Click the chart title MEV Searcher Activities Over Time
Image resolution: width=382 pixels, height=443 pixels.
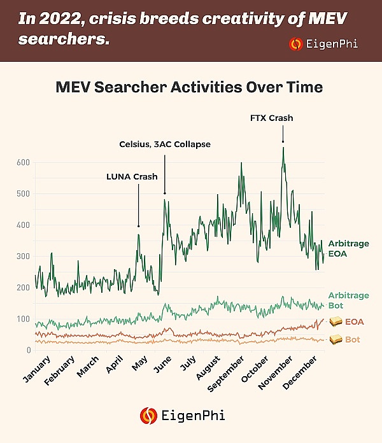(x=190, y=87)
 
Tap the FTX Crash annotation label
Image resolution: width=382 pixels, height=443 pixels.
(x=272, y=118)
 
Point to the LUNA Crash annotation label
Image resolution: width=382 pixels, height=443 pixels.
(x=131, y=176)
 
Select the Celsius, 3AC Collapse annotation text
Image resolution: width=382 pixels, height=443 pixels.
(x=164, y=144)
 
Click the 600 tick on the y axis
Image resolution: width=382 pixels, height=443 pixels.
(x=24, y=162)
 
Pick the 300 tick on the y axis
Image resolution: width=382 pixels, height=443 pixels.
(x=24, y=256)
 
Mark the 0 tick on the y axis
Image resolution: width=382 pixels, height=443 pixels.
(x=29, y=350)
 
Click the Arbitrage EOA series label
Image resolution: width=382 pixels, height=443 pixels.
(x=348, y=248)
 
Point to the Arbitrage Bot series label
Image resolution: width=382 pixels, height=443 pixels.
(x=348, y=300)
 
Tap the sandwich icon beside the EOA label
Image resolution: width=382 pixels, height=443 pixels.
(x=336, y=323)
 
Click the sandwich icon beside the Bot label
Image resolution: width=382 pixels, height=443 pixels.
(x=336, y=340)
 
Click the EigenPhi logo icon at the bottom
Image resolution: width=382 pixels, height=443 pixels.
(x=148, y=416)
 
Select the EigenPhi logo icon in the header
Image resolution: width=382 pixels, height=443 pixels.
(x=295, y=44)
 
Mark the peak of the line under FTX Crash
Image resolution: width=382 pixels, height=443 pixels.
(x=283, y=148)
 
